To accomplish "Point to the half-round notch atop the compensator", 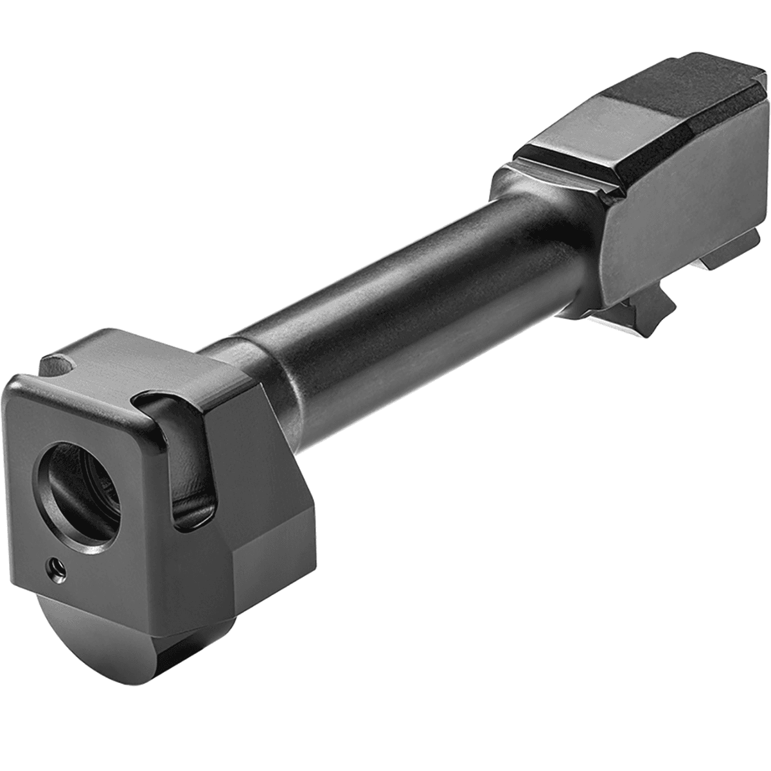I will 62,368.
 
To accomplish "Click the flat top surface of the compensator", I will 154,366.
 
